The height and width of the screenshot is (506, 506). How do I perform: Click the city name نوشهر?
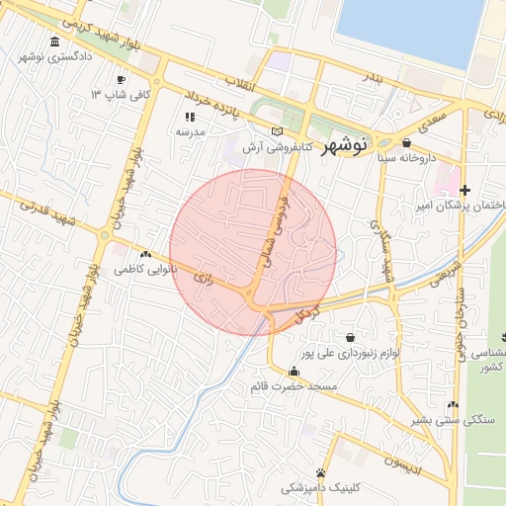click(x=346, y=142)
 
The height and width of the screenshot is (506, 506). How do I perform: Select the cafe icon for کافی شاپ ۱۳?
click(x=121, y=80)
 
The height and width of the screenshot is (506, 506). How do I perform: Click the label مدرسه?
click(x=190, y=131)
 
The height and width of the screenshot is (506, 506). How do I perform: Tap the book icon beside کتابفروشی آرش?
click(x=277, y=131)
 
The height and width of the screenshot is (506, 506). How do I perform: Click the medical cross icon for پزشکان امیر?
click(x=465, y=189)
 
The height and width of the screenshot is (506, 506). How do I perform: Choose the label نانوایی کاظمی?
click(x=142, y=269)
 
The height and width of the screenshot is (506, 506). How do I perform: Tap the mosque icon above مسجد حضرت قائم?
click(x=294, y=372)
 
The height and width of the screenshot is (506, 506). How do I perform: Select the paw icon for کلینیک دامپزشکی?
click(x=321, y=471)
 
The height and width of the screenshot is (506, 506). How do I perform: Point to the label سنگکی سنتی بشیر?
click(x=451, y=420)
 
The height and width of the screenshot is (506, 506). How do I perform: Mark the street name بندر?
click(x=370, y=76)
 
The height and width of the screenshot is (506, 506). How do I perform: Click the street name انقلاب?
click(x=240, y=84)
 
